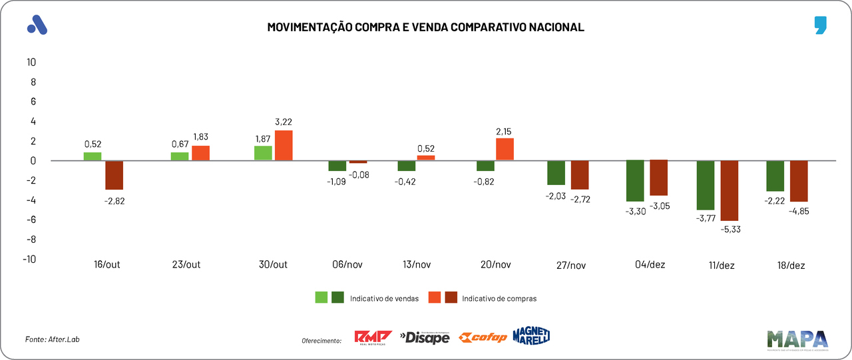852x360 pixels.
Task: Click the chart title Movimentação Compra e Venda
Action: [425, 27]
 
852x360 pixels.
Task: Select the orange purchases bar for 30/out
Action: [284, 145]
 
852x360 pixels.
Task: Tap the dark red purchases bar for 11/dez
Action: [730, 190]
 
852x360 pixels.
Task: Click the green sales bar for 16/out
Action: [93, 156]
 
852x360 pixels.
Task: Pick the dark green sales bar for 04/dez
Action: [635, 180]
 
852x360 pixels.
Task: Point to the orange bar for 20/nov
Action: [505, 149]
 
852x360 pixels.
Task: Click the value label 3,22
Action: [283, 122]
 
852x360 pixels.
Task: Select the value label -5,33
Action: [730, 229]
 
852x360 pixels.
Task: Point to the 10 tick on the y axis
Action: [31, 63]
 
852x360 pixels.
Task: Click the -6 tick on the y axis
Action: [29, 220]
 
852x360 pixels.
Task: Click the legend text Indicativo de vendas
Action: [384, 299]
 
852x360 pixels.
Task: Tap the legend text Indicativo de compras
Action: [499, 299]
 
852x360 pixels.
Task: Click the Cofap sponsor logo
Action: [484, 337]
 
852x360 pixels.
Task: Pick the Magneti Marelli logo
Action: [531, 336]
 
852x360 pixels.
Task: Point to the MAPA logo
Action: [797, 339]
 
